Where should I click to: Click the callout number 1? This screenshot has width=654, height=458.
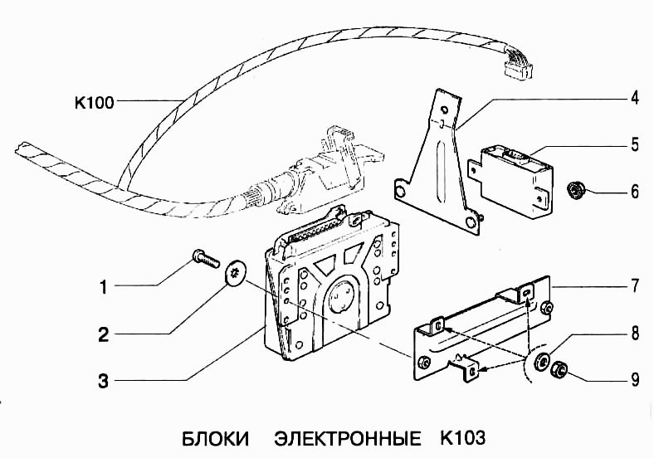pos(104,289)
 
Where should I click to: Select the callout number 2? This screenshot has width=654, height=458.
pos(104,336)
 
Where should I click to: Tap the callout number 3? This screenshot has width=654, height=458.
pos(104,382)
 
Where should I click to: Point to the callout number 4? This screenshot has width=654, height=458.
pos(633,98)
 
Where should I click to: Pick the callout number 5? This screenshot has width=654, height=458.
pos(633,145)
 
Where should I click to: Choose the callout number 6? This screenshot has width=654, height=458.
pos(633,192)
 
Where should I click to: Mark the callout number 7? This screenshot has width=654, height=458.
pos(633,287)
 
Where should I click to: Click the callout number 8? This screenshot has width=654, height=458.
pos(633,334)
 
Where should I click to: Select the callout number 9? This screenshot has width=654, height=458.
pos(633,381)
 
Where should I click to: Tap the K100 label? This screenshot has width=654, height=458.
pos(93,104)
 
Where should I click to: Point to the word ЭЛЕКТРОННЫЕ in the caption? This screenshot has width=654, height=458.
pos(347,437)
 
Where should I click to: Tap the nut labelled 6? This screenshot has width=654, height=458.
pos(573,192)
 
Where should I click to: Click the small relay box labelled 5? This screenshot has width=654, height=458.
pos(515,175)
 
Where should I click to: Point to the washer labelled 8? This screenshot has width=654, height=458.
pos(543,361)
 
